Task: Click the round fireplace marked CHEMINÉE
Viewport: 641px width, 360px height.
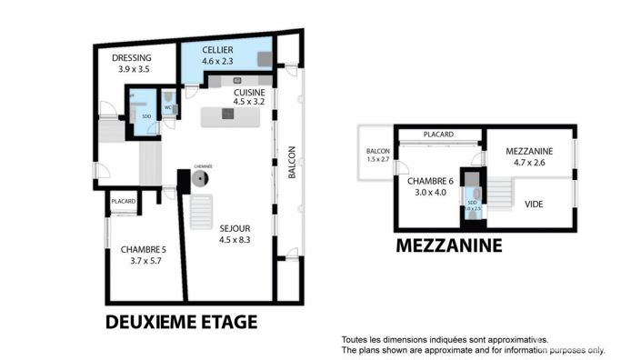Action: (x=199, y=180)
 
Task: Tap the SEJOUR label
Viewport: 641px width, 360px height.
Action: (x=235, y=228)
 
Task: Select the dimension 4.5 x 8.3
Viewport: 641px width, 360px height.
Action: (x=235, y=240)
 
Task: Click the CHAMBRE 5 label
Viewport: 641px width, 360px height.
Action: (x=144, y=250)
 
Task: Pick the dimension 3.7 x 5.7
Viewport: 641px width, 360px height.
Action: (x=144, y=262)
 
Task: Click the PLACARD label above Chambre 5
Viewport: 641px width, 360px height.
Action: (x=123, y=202)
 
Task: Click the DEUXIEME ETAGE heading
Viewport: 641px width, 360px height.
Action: (x=182, y=322)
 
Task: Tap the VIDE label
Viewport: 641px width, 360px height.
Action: (x=535, y=204)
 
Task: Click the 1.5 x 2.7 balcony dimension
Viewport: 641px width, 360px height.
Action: (x=376, y=160)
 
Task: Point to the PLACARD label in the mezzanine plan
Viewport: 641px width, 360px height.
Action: (x=438, y=135)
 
